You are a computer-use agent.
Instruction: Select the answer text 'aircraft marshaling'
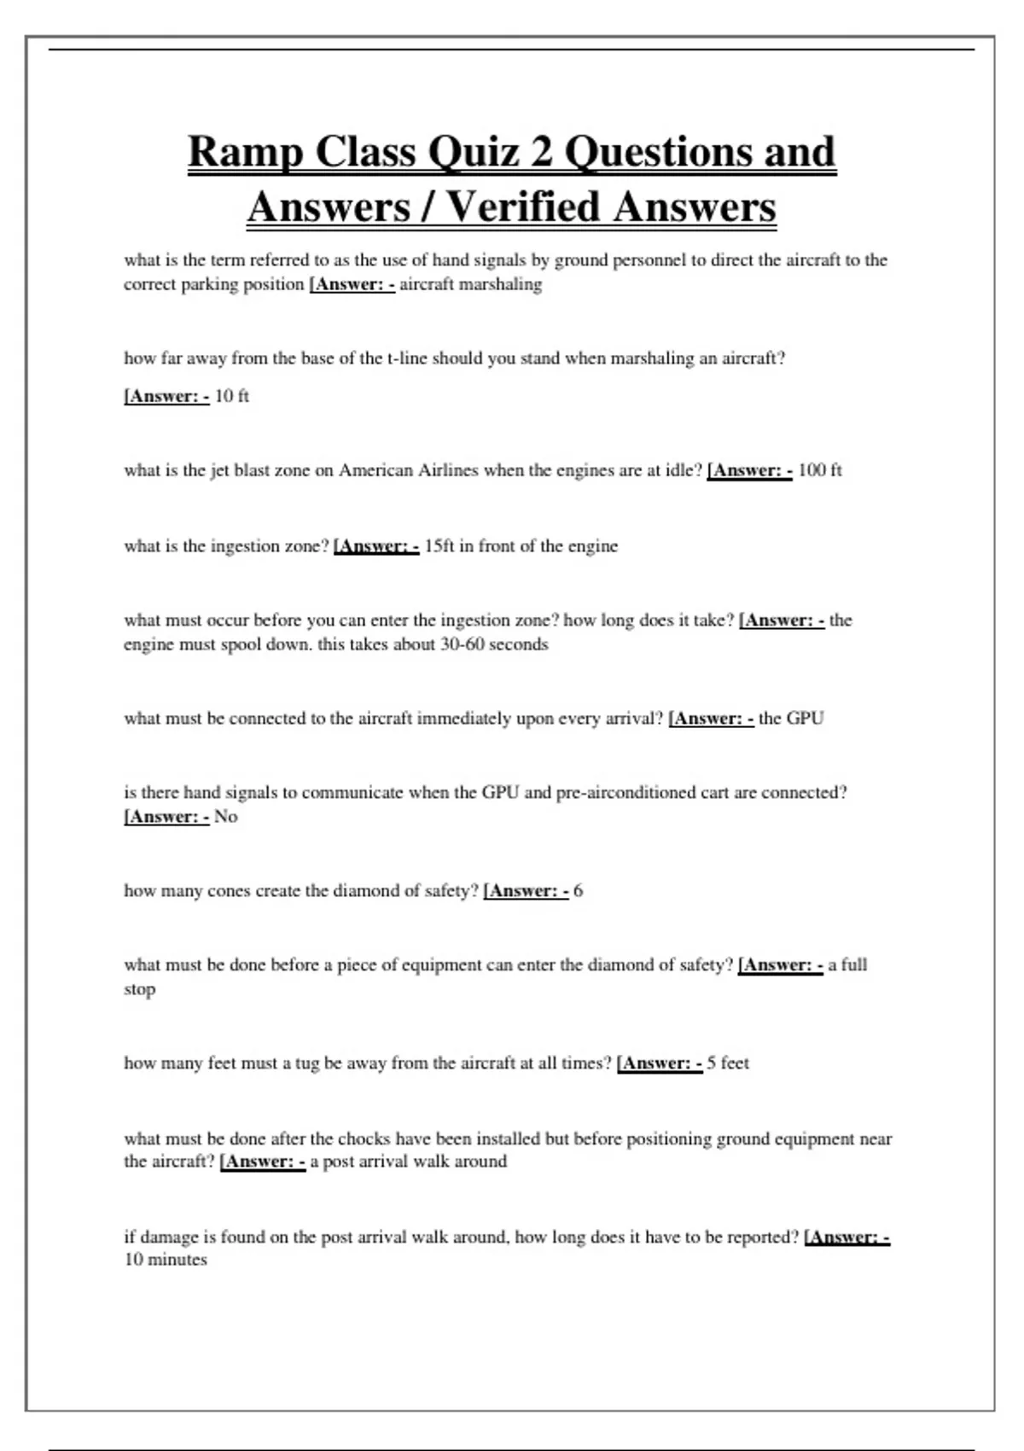coord(470,284)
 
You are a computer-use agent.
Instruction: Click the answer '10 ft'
coord(231,396)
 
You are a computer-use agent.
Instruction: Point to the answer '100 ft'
coord(819,470)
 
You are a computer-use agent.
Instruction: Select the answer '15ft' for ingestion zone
coord(439,546)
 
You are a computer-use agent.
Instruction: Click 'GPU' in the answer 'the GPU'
coord(805,719)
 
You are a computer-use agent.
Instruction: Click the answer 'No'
coord(225,817)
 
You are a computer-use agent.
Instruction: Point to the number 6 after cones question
coord(579,891)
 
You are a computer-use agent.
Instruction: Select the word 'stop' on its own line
coord(139,990)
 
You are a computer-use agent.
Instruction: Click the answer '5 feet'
coord(727,1063)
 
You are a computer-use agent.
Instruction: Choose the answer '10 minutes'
coord(166,1261)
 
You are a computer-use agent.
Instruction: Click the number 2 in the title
coord(541,153)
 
